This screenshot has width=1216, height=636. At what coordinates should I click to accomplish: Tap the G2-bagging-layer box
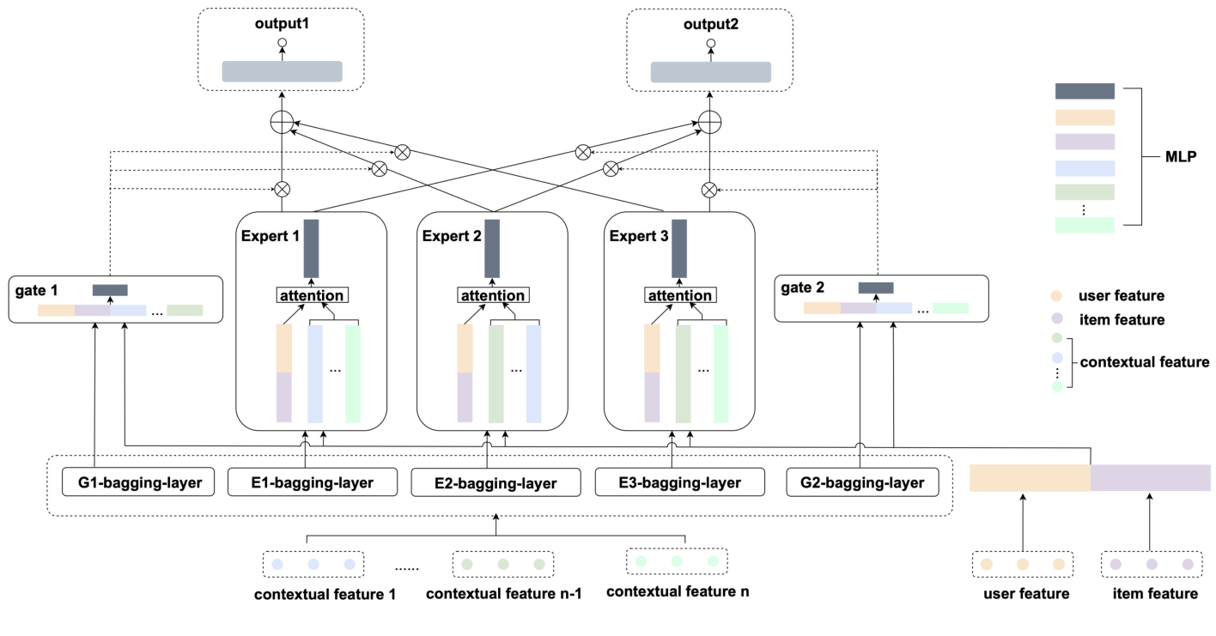click(x=860, y=482)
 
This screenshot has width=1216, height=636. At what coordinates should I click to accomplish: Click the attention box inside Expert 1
click(x=312, y=295)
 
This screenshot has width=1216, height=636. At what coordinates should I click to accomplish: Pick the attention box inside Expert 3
click(x=679, y=296)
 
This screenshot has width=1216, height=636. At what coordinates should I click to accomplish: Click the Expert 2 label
click(x=451, y=236)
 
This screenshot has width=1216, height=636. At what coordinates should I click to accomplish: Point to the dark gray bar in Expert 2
click(x=492, y=248)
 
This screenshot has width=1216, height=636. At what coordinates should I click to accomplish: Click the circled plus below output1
click(x=282, y=123)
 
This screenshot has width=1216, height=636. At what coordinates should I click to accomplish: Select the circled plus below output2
click(x=709, y=123)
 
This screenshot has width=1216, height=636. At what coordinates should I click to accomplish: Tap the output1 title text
click(x=282, y=23)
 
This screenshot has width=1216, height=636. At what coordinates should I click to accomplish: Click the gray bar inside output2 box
click(x=710, y=72)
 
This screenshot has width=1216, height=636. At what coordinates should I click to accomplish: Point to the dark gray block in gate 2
click(x=876, y=288)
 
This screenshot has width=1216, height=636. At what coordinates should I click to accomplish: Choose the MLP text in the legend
click(x=1183, y=157)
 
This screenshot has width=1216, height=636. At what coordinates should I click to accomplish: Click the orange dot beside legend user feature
click(x=1057, y=296)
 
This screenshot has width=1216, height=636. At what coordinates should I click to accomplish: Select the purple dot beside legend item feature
click(x=1057, y=319)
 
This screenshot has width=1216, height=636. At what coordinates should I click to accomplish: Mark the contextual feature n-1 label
click(x=504, y=594)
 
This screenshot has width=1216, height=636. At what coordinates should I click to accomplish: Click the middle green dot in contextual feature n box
click(x=677, y=561)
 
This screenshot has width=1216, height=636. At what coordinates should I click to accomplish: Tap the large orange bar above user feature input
click(x=1030, y=478)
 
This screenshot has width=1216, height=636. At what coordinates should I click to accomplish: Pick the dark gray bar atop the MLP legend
click(x=1085, y=91)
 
